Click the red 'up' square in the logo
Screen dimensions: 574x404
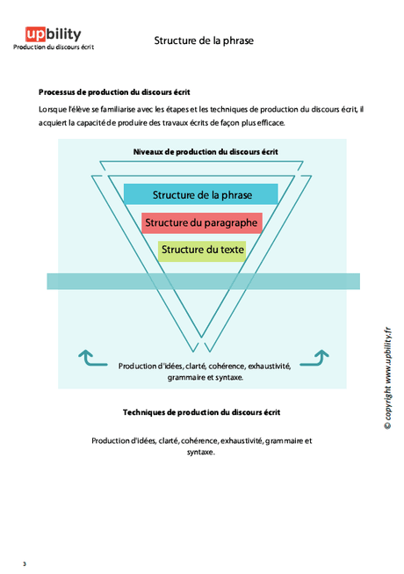click(x=35, y=34)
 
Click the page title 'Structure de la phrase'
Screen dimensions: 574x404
click(x=204, y=40)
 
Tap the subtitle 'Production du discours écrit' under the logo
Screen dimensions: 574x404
click(x=54, y=47)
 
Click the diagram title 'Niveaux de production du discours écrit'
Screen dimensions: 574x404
click(x=206, y=151)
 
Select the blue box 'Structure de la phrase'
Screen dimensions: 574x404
click(x=200, y=194)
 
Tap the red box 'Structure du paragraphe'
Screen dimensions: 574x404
click(x=201, y=222)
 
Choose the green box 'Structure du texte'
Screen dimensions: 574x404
click(x=202, y=250)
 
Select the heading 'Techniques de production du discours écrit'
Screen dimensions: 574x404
click(x=202, y=411)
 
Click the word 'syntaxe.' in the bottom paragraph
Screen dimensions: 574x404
click(x=201, y=453)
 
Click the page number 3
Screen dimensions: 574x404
click(x=25, y=563)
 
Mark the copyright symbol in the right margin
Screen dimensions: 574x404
click(x=387, y=425)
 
